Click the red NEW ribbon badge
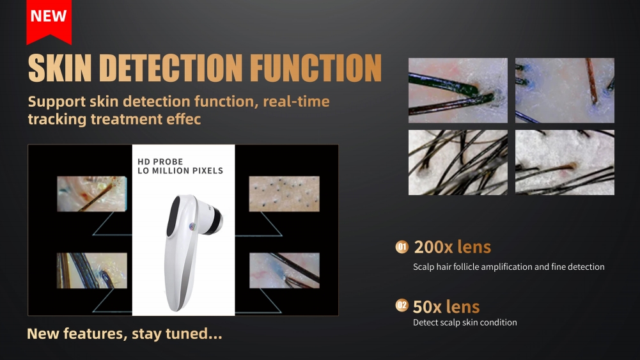pyautogui.click(x=49, y=20)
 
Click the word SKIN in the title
pyautogui.click(x=59, y=68)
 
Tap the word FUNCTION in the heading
pyautogui.click(x=315, y=68)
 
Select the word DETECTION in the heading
pyautogui.click(x=171, y=68)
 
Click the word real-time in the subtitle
pyautogui.click(x=296, y=101)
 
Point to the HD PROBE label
pyautogui.click(x=160, y=162)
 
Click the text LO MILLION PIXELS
pyautogui.click(x=180, y=171)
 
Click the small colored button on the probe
pyautogui.click(x=192, y=226)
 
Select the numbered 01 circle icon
pyautogui.click(x=402, y=247)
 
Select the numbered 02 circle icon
pyautogui.click(x=402, y=305)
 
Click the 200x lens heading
pyautogui.click(x=452, y=247)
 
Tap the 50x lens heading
pyautogui.click(x=446, y=306)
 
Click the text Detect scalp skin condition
pyautogui.click(x=465, y=322)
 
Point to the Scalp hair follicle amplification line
pyautogui.click(x=508, y=267)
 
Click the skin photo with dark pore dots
pyautogui.click(x=284, y=194)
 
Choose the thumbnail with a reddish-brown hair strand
pyautogui.click(x=565, y=90)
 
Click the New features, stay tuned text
pyautogui.click(x=125, y=334)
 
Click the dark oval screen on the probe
pyautogui.click(x=173, y=216)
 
